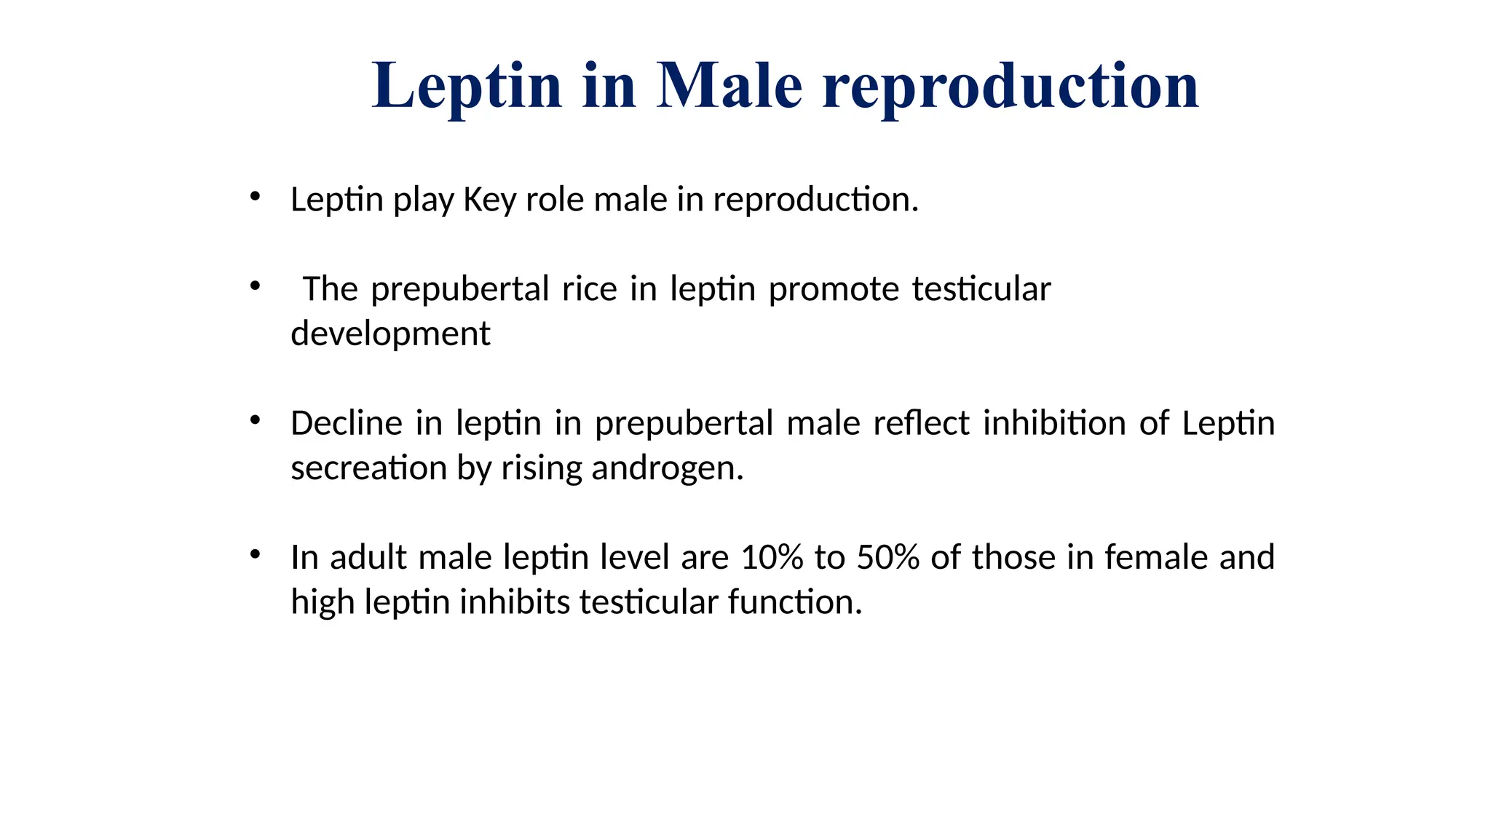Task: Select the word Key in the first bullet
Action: (489, 200)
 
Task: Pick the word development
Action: (390, 334)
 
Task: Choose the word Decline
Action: (346, 423)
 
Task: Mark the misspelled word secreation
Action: (368, 468)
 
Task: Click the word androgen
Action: (667, 468)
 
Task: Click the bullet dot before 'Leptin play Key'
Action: (255, 196)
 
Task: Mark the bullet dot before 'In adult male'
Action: (255, 554)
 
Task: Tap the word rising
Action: (542, 468)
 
